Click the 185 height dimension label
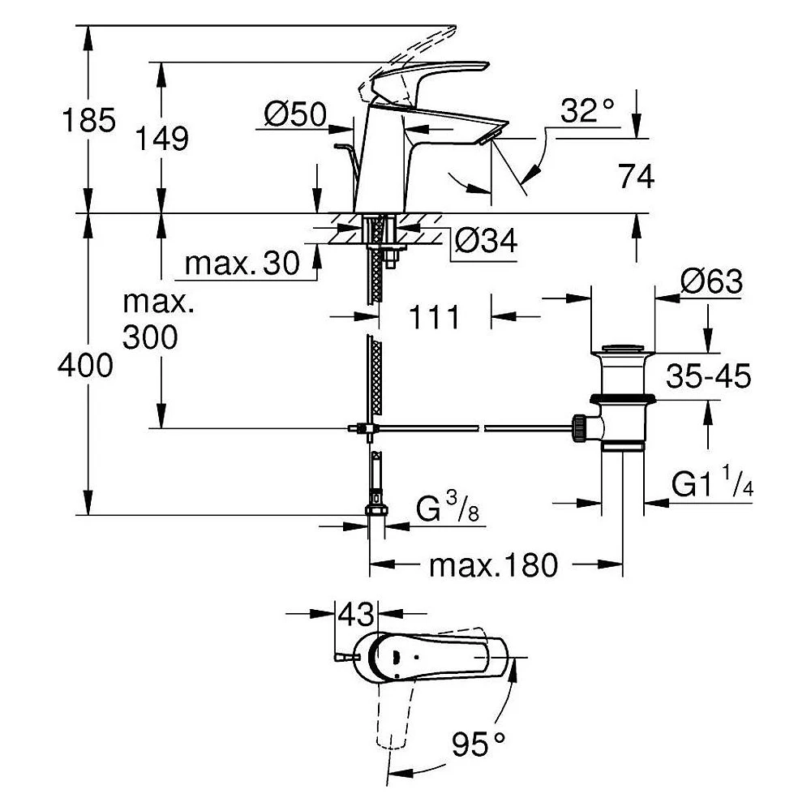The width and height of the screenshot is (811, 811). point(88,121)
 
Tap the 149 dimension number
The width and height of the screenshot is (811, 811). point(162,139)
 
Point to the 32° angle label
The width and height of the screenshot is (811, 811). point(587,110)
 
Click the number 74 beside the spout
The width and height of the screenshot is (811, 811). point(637,176)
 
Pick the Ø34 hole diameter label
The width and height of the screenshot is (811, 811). point(486,241)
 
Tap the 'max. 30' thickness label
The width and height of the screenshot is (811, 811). point(242,264)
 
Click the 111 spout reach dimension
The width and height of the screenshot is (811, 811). point(434,317)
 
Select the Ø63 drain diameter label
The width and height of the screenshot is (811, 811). point(712,282)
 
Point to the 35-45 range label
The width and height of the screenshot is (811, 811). point(708,376)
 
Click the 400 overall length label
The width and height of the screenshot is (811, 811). point(85,366)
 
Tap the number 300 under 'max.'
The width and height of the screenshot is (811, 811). point(150,337)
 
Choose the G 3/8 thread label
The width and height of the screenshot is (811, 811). point(448,507)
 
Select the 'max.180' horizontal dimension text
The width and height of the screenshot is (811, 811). point(493,565)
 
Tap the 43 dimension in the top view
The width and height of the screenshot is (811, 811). point(355,615)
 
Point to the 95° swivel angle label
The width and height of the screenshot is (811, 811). point(478,744)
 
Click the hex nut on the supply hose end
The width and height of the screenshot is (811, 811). point(376,510)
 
